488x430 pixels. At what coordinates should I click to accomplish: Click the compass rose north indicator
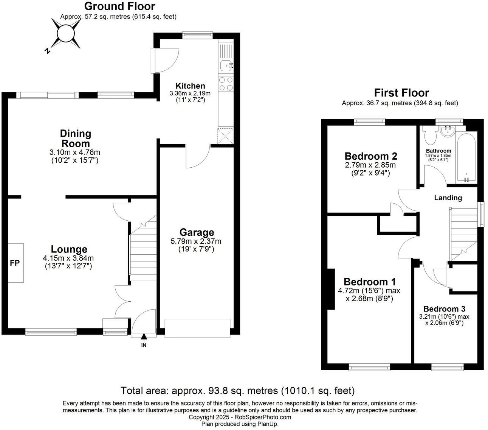tap(48, 51)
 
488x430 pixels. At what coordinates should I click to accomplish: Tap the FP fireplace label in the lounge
tap(15, 263)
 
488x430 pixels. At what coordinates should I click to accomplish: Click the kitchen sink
tap(226, 65)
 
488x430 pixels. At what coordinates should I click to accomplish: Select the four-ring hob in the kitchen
tap(226, 84)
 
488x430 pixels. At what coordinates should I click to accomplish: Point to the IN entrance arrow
tap(144, 336)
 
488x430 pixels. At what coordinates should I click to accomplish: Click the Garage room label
tap(197, 232)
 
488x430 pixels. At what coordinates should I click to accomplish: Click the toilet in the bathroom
tap(431, 136)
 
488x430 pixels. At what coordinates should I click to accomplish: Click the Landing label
tap(448, 198)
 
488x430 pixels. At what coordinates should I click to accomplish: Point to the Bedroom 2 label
tap(371, 156)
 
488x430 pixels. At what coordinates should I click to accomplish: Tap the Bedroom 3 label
tap(445, 309)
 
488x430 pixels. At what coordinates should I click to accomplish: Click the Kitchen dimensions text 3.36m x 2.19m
tap(190, 93)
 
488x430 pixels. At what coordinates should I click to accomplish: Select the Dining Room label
tap(75, 139)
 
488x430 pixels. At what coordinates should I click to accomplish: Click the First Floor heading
tap(401, 93)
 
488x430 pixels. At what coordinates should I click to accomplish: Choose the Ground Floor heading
tap(120, 6)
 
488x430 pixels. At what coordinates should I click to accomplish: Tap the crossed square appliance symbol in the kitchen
tap(225, 136)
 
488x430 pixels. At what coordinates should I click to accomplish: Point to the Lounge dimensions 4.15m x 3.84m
tap(68, 258)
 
